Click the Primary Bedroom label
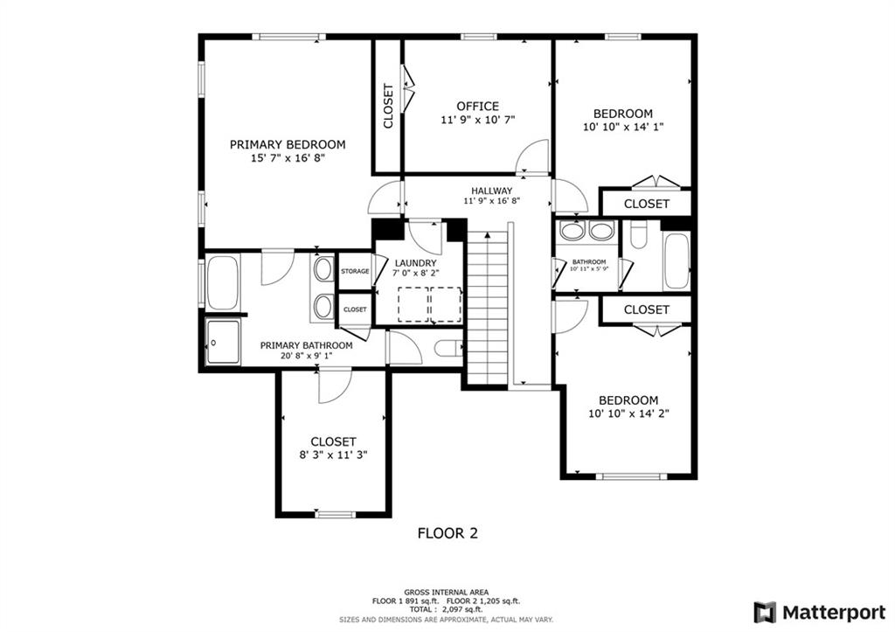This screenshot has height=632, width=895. click(288, 144)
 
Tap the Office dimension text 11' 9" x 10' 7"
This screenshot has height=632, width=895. click(477, 120)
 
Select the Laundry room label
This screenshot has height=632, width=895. click(415, 262)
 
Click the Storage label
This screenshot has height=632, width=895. click(355, 271)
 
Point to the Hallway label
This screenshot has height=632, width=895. click(491, 191)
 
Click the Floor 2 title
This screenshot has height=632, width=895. click(447, 533)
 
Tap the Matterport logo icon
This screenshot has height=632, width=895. click(765, 613)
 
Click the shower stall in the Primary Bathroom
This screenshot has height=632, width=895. click(223, 342)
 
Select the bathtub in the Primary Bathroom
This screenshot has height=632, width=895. click(223, 283)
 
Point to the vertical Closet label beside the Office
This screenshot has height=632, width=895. click(388, 106)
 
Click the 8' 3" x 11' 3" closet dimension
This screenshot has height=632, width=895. click(333, 455)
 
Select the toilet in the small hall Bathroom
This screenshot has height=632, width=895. click(638, 234)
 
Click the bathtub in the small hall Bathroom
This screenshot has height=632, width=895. click(677, 260)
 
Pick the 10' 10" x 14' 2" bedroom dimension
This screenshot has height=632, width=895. click(628, 413)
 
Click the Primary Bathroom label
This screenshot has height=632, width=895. click(306, 345)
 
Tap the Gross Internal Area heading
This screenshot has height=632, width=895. click(447, 593)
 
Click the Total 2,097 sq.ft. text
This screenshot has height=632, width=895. click(447, 610)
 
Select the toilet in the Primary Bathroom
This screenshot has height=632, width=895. click(448, 348)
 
